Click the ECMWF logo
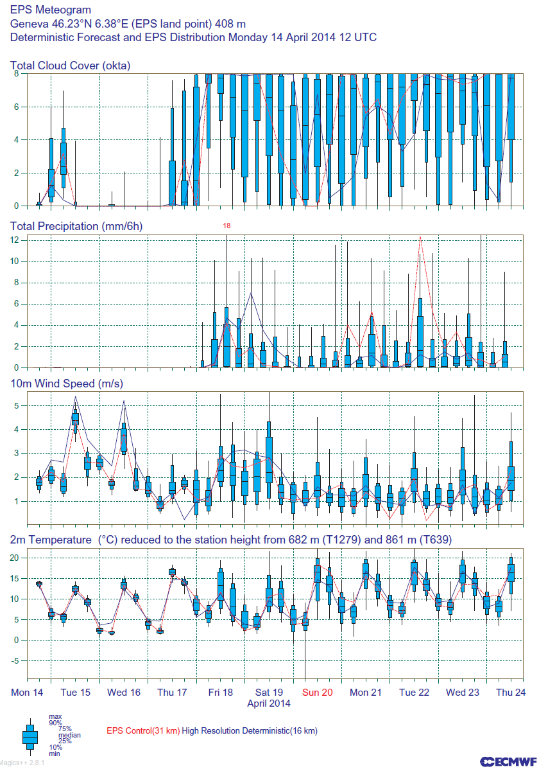click(x=508, y=761)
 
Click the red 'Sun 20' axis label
click(x=318, y=693)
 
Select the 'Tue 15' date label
click(x=75, y=693)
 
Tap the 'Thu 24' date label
click(x=511, y=693)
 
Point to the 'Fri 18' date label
click(x=220, y=693)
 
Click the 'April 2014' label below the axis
click(x=269, y=703)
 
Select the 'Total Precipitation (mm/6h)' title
click(x=76, y=226)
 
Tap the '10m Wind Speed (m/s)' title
click(x=67, y=384)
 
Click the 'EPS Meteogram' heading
click(x=51, y=10)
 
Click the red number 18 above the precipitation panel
click(x=227, y=226)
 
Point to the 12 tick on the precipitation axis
click(x=17, y=240)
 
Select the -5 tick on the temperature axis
click(x=17, y=660)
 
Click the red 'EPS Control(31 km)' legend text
click(x=142, y=731)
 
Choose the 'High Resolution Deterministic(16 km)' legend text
click(x=250, y=731)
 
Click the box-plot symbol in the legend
click(x=30, y=736)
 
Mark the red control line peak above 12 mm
click(x=420, y=237)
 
